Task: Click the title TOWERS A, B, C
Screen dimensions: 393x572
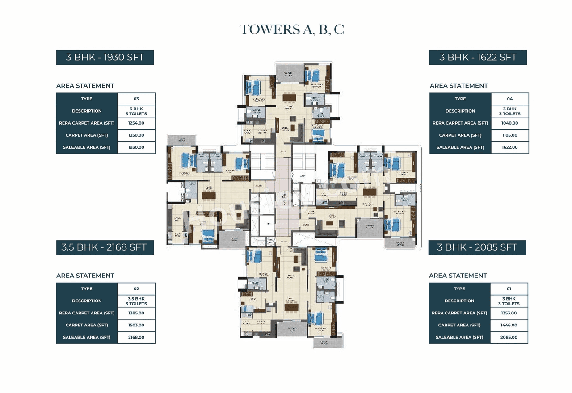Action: point(291,29)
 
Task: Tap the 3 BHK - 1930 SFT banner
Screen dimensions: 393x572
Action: point(105,58)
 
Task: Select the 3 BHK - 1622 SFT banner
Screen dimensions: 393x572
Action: point(478,58)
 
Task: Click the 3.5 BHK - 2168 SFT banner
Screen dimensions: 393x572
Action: point(105,247)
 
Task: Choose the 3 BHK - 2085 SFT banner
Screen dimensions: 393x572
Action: point(477,247)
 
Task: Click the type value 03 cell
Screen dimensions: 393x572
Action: point(136,99)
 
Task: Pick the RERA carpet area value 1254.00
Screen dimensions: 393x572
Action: point(136,123)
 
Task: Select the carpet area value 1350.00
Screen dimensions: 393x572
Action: point(136,135)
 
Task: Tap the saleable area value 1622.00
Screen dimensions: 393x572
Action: point(509,147)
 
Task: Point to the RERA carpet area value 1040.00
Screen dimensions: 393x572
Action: point(509,123)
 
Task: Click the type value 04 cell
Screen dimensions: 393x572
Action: point(509,99)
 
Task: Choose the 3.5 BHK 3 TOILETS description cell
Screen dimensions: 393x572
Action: point(136,301)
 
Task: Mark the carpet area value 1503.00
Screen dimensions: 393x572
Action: point(136,325)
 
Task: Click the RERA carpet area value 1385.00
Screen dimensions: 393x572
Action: point(136,313)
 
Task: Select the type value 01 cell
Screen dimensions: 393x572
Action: point(509,288)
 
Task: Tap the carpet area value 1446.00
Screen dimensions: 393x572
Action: point(509,325)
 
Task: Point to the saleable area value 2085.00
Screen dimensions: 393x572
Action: point(509,337)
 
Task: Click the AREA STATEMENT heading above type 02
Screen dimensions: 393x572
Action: point(85,276)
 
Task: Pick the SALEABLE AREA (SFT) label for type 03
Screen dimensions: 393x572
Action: point(87,147)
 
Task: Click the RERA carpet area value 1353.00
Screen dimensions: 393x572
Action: point(509,313)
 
